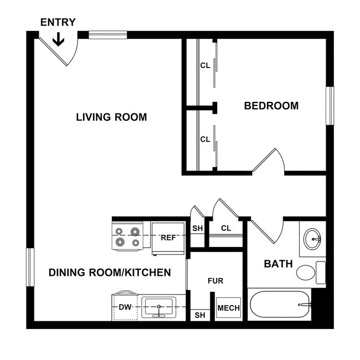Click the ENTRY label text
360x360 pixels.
(58, 23)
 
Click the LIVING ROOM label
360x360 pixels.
(111, 117)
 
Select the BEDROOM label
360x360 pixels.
(271, 106)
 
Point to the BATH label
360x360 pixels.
(278, 264)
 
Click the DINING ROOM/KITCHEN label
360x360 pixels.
(110, 272)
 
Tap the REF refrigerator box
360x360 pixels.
(168, 238)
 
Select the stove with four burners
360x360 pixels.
(128, 236)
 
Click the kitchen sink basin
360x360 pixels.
(159, 306)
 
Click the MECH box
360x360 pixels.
(228, 308)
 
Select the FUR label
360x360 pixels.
(215, 281)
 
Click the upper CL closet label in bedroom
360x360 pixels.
(205, 65)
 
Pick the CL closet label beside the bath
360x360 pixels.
(226, 228)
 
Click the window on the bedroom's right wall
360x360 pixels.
(330, 106)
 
